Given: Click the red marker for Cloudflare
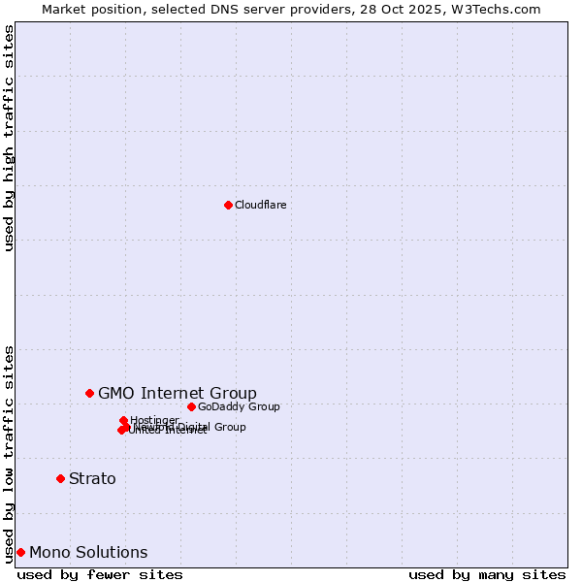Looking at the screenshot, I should point(228,205).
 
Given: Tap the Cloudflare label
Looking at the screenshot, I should point(260,205).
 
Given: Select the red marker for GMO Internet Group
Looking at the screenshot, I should point(89,393).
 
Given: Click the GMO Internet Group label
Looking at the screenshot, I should point(178,393).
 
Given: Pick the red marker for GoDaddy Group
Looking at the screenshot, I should point(191,406).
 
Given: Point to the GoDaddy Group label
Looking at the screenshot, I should point(239,406).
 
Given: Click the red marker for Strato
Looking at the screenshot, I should point(60,478).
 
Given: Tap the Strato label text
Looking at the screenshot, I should point(92,478).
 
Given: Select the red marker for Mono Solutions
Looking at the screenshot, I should point(20,552).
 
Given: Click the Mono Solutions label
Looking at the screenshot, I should point(88,552).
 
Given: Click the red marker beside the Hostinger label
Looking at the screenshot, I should point(123,420).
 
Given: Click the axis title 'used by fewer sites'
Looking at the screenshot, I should point(100,574).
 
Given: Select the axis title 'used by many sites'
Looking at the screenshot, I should point(487,574).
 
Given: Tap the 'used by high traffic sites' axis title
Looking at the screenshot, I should point(9,138).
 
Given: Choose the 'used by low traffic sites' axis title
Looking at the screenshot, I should point(9,453).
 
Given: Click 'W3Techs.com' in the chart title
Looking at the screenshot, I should point(500,9).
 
